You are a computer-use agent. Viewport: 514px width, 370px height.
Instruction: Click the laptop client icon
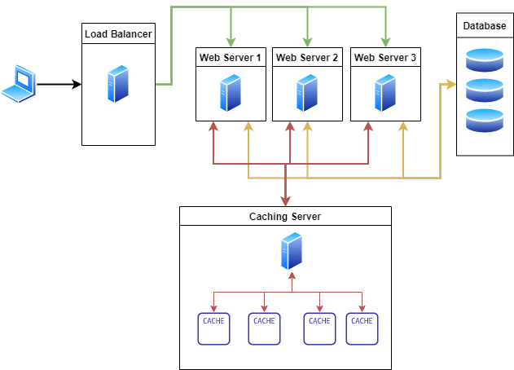[19, 84]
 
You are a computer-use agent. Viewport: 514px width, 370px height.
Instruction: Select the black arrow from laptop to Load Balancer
[59, 84]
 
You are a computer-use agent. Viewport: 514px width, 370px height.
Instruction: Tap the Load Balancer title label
[119, 33]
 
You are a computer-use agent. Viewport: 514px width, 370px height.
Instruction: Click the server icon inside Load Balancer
[119, 86]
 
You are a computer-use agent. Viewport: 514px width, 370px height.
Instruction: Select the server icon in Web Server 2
[307, 93]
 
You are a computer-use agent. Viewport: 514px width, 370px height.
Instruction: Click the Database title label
[485, 26]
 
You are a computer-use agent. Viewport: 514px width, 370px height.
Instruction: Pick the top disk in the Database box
[485, 60]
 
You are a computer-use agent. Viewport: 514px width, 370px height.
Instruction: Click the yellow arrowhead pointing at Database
[450, 84]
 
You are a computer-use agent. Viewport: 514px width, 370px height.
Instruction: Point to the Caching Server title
[285, 216]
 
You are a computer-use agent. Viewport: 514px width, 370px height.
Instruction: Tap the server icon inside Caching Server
[291, 251]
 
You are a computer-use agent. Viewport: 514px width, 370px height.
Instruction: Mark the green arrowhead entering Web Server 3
[385, 42]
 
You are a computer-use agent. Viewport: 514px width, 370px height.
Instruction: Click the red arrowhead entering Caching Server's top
[285, 200]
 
